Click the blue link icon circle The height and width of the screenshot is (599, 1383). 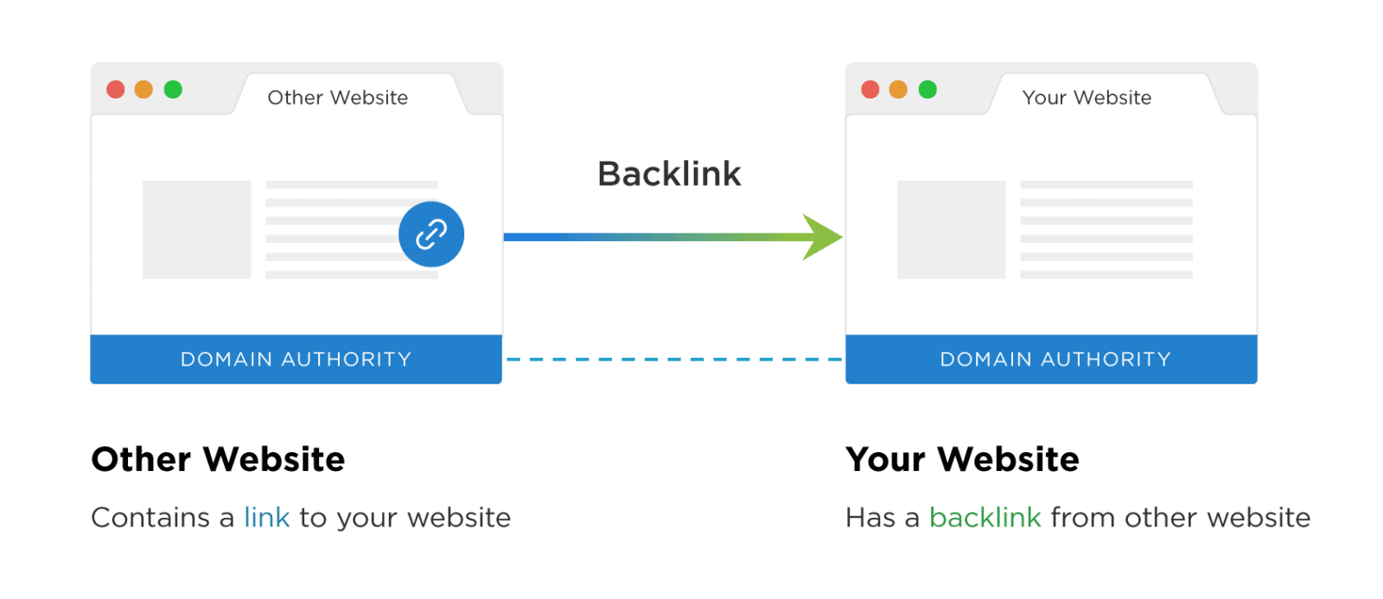point(431,234)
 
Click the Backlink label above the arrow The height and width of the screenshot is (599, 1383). point(669,174)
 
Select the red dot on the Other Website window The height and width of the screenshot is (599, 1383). point(116,90)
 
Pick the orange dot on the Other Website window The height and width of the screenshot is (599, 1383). point(144,90)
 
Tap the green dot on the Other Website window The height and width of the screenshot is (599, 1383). point(173,90)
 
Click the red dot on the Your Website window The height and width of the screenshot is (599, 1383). point(870,90)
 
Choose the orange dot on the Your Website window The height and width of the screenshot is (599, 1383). point(899,90)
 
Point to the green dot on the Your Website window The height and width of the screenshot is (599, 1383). point(927,90)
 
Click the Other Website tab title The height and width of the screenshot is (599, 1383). point(337,98)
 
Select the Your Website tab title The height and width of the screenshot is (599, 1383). point(1087,98)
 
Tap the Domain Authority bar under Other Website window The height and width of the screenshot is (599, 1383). point(296,359)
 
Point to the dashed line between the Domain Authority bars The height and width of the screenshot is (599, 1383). point(673,359)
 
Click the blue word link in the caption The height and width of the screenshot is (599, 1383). point(266,517)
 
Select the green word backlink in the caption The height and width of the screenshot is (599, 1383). point(985,517)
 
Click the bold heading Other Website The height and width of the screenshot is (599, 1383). point(218,459)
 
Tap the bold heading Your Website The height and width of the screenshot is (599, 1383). point(962,459)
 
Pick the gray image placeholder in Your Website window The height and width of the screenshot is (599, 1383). point(951,229)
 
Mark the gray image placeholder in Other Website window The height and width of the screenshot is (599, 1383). point(196,229)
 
